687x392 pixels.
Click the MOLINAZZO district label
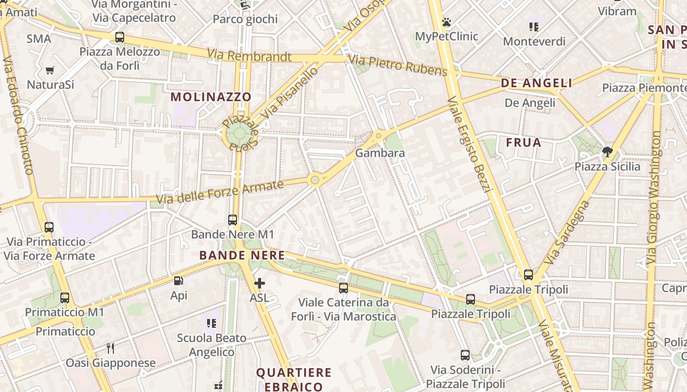(211, 97)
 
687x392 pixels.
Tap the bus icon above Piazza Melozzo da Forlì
(119, 37)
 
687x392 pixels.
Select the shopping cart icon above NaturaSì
(50, 70)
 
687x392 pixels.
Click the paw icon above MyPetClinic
(446, 22)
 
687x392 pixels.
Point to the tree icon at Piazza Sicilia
(608, 151)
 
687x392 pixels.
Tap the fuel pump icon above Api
(179, 281)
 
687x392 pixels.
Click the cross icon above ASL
(260, 283)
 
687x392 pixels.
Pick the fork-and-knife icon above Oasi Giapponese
(110, 348)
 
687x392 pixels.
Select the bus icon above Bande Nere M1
(233, 220)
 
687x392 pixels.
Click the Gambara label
(380, 153)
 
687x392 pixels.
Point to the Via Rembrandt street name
(249, 55)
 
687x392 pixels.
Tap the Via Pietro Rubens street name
(397, 66)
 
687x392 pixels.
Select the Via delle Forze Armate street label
(220, 192)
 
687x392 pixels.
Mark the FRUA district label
(523, 143)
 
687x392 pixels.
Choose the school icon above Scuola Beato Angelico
(211, 323)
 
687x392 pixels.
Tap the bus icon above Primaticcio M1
(65, 297)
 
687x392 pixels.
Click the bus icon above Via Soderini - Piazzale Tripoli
(465, 355)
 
